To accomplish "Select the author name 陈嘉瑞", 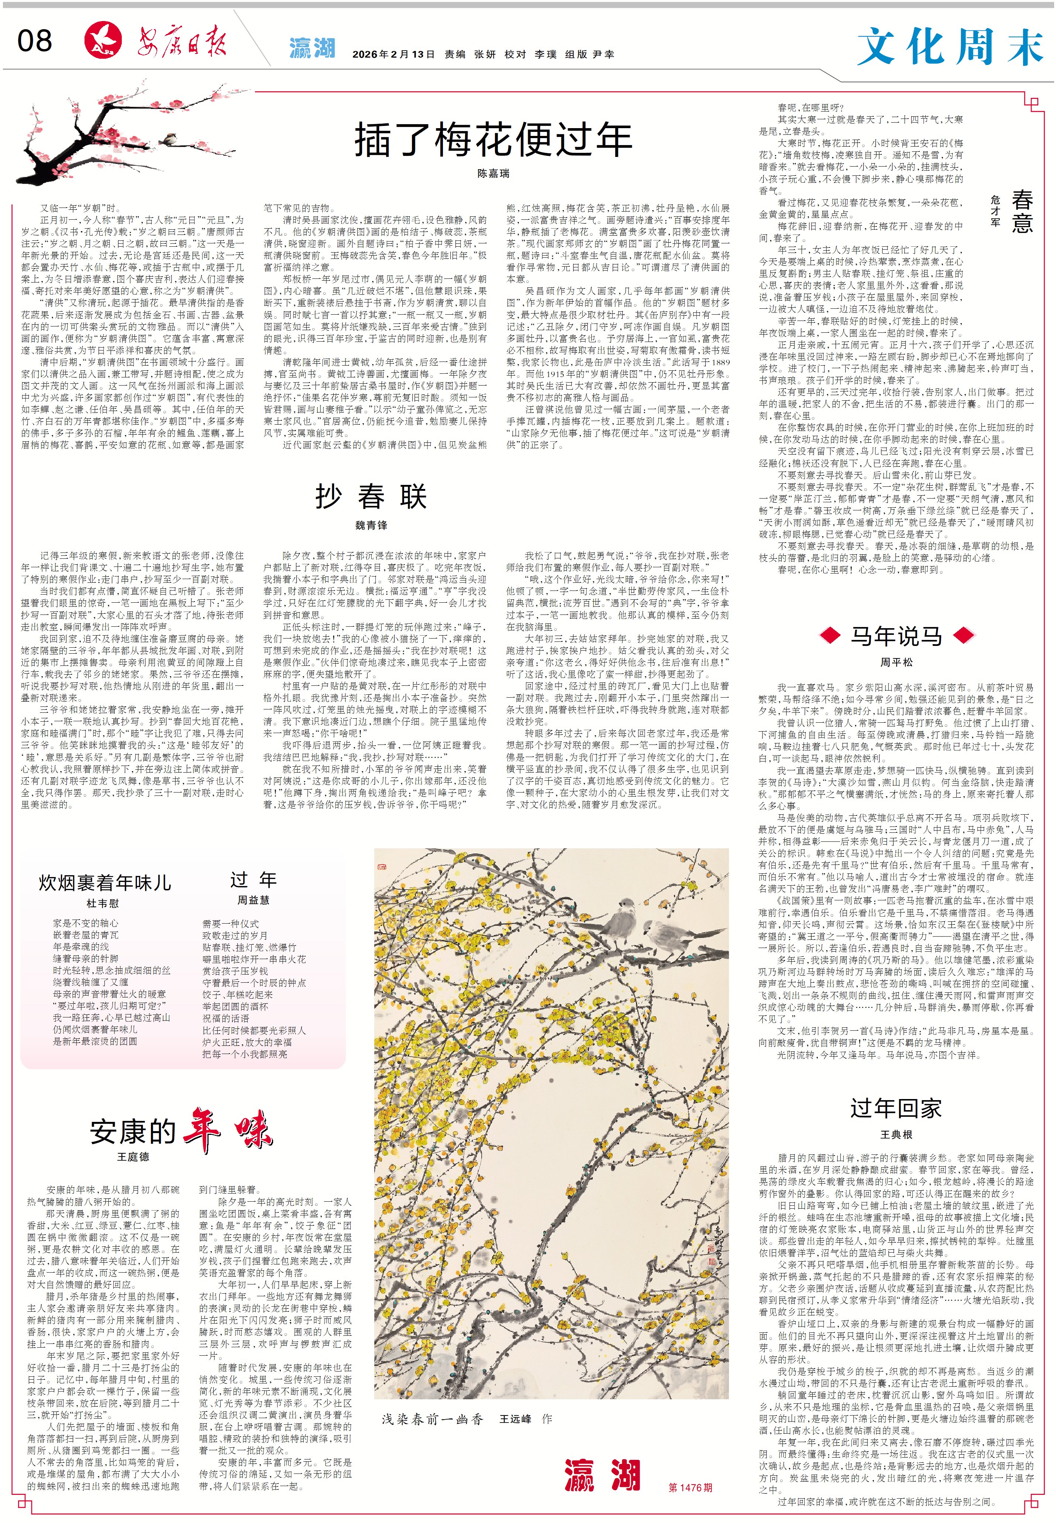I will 493,174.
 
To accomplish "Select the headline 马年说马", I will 896,636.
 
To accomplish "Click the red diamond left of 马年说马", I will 830,636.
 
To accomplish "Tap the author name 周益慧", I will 254,900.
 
